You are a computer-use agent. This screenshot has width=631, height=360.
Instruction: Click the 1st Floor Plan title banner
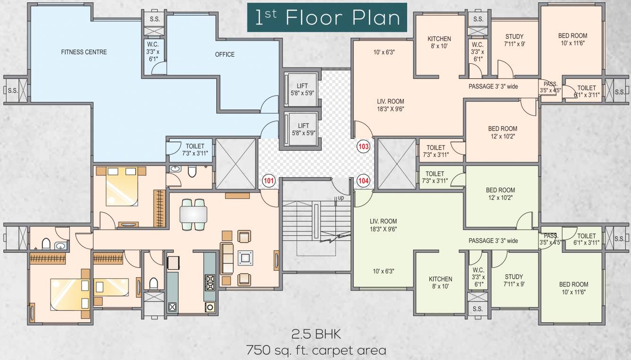point(327,18)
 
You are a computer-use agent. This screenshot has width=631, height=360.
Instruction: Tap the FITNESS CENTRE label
point(84,52)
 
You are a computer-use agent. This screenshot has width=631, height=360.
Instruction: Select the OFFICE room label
point(224,54)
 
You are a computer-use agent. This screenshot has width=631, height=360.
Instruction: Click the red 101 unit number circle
point(268,180)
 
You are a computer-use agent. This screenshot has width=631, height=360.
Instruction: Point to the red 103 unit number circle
point(363,146)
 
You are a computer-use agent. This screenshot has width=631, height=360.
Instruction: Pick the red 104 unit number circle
point(363,180)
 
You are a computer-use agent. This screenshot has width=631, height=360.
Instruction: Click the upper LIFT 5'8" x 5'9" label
point(303,89)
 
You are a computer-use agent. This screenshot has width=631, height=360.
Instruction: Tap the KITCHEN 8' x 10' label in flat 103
point(439,43)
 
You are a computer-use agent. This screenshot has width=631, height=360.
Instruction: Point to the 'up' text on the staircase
point(340,197)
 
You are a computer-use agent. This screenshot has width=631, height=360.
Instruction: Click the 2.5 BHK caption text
point(315,335)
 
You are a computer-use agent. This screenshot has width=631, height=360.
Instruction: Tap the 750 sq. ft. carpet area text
point(315,351)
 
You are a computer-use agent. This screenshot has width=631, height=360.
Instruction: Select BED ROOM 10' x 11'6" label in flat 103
point(572,39)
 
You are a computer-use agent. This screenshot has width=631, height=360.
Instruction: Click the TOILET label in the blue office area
point(195,150)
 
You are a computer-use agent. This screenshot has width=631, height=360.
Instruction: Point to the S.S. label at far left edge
point(13,90)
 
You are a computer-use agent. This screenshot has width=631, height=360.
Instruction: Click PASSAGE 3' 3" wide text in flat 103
point(493,86)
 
